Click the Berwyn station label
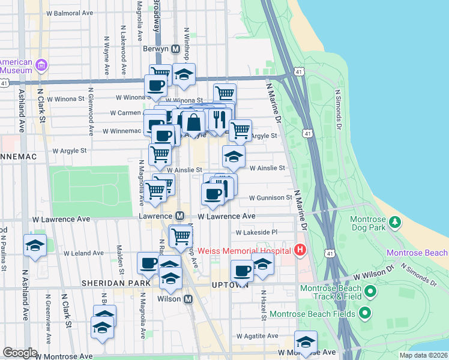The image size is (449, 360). [157, 49]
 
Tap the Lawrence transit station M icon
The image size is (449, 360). [179, 215]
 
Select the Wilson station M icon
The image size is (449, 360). [188, 298]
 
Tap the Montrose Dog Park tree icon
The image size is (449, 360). [395, 223]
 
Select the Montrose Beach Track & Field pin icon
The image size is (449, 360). [370, 292]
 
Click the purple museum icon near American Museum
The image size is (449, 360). [41, 64]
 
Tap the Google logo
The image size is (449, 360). [20, 353]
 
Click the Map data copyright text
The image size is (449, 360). [423, 355]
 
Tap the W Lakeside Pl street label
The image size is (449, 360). [257, 232]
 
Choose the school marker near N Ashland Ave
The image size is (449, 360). [35, 246]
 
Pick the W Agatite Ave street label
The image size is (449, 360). [258, 336]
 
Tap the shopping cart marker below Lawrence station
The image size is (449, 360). [181, 236]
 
